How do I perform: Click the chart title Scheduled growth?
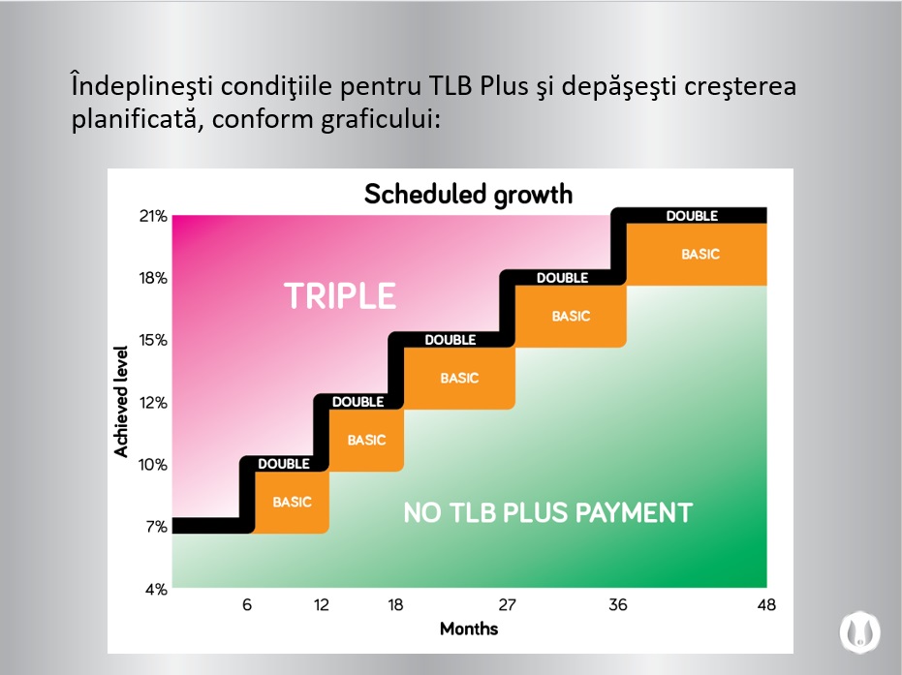coord(468,194)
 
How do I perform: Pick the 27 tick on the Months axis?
coord(508,605)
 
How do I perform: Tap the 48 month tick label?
coord(766,605)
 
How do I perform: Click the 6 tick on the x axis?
coord(247,605)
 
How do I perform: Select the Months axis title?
coord(469,629)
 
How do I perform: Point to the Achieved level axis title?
coord(122,402)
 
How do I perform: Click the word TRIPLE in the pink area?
coord(340,296)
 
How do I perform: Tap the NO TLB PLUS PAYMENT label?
coord(547,512)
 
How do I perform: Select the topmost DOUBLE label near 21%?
coord(692,216)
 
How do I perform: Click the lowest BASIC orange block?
coord(292,502)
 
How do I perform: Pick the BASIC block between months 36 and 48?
coord(700,254)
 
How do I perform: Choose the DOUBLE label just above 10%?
coord(284,464)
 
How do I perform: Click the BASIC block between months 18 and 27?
coord(459,378)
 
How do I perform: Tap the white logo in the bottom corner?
coord(860,630)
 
